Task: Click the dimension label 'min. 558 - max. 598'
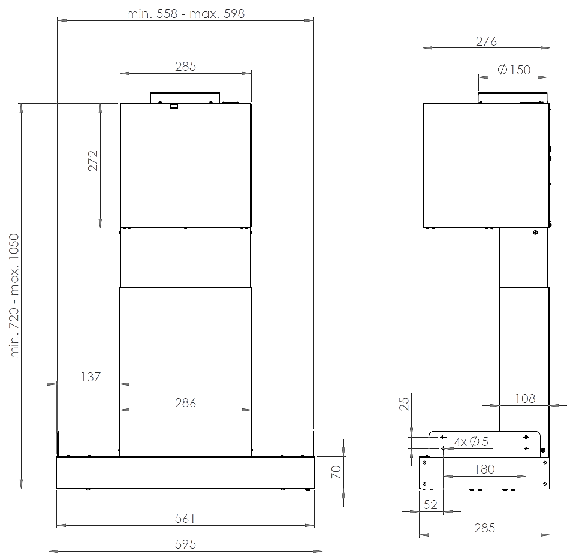click(186, 14)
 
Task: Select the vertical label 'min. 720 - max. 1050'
click(14, 296)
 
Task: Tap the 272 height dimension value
click(93, 161)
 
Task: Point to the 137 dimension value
click(91, 377)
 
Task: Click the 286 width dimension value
click(186, 403)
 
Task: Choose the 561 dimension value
click(185, 519)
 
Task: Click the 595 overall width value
click(186, 544)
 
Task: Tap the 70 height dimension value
click(336, 472)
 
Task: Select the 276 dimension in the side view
click(486, 41)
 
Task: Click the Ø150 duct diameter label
click(514, 70)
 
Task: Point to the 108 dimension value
click(525, 398)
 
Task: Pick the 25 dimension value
click(404, 404)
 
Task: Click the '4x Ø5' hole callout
click(471, 441)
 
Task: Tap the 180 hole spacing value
click(484, 469)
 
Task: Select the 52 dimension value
click(430, 504)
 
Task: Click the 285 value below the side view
click(484, 528)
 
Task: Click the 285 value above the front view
click(186, 67)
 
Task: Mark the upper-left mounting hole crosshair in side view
click(444, 437)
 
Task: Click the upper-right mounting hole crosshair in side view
click(526, 437)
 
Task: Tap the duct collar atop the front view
click(185, 98)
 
